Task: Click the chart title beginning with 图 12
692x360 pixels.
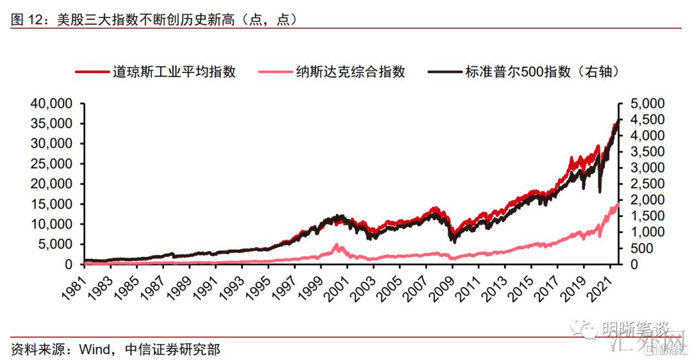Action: pyautogui.click(x=154, y=20)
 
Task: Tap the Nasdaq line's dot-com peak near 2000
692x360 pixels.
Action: pyautogui.click(x=336, y=245)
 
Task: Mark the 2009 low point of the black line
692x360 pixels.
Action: pyautogui.click(x=454, y=241)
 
